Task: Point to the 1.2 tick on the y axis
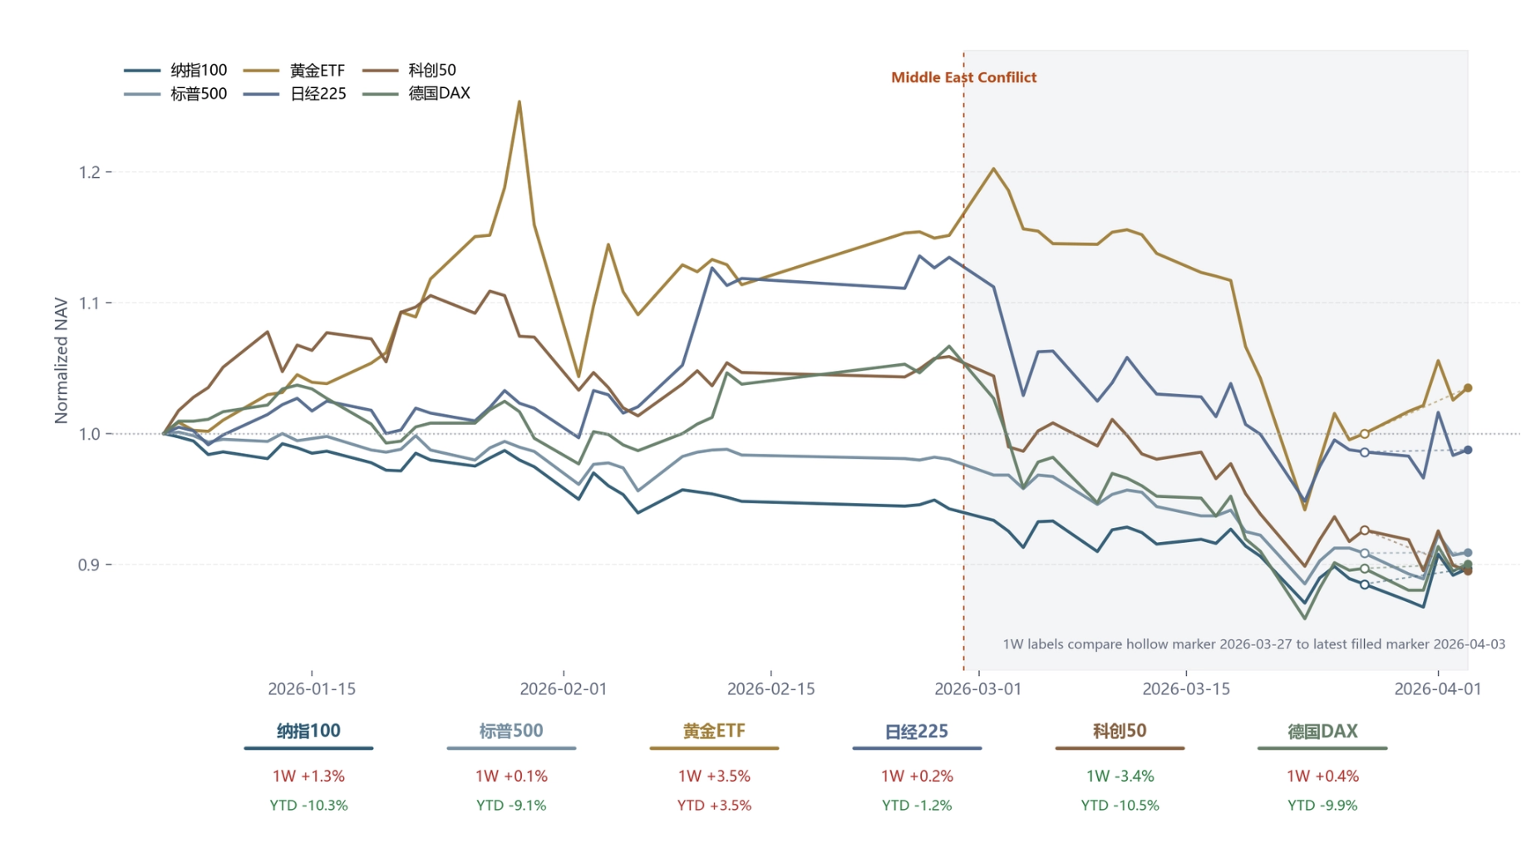pos(90,172)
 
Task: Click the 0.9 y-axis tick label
pos(90,565)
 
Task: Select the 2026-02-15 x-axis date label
pos(770,689)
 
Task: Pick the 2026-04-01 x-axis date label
pos(1437,689)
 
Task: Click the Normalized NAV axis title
pos(61,360)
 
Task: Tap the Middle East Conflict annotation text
pos(963,77)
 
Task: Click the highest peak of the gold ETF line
pos(519,102)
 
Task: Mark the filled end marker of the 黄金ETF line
pos(1468,388)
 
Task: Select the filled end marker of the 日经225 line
pos(1468,450)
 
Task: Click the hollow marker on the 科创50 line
pos(1365,530)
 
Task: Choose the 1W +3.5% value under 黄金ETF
pos(714,776)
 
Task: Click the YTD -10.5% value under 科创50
pos(1120,805)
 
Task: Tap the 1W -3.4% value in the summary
pos(1120,776)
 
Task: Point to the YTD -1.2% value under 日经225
pos(917,805)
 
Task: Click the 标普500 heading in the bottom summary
pos(511,731)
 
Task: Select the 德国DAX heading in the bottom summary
pos(1322,731)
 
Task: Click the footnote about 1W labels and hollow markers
pos(1253,644)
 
